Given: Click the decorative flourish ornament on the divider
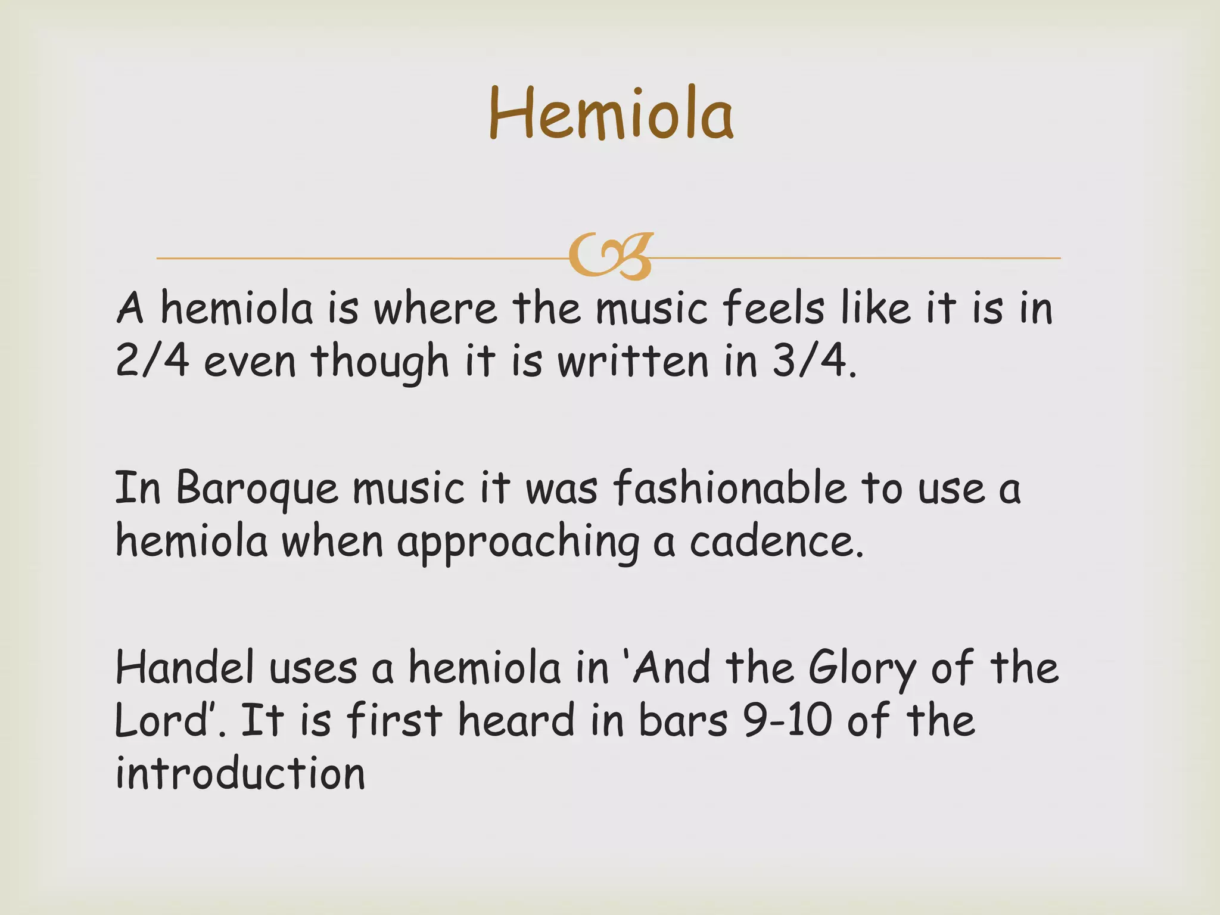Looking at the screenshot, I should click(611, 257).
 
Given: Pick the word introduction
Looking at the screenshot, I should click(240, 773).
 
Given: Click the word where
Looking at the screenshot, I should click(435, 309).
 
